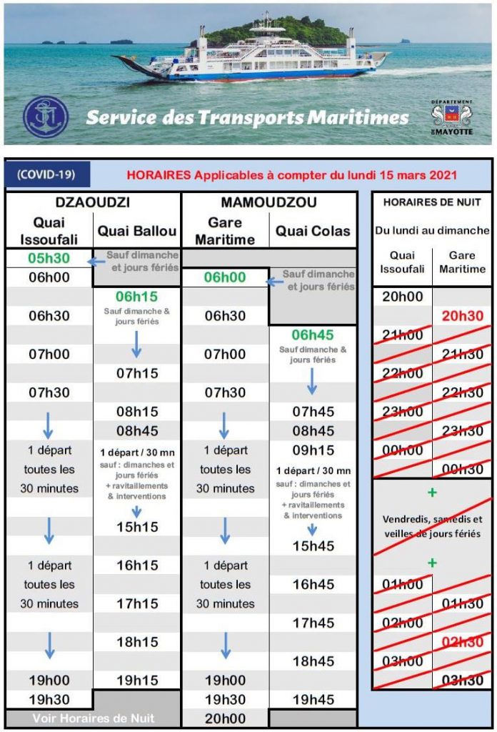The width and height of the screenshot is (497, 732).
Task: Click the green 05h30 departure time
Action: tap(49, 258)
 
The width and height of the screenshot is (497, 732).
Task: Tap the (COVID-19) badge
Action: tap(49, 174)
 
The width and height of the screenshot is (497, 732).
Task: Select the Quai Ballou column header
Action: tap(137, 230)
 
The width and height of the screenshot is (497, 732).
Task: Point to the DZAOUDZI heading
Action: tap(93, 202)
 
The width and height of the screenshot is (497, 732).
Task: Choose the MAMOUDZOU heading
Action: tap(269, 202)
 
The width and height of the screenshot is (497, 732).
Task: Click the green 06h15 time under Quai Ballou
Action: tap(137, 297)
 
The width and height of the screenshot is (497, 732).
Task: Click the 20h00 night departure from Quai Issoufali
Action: tap(402, 297)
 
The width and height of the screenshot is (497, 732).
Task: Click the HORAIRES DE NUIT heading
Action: tap(432, 202)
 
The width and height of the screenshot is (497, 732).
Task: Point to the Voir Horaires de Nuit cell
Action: tap(93, 718)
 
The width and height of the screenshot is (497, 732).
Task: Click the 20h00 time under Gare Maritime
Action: tap(225, 718)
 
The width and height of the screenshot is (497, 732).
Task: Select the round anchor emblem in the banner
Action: tap(46, 117)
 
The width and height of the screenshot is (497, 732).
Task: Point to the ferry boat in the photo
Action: tap(250, 54)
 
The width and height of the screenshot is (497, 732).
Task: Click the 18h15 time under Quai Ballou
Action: tap(137, 642)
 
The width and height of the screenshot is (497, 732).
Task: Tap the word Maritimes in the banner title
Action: tap(365, 117)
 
